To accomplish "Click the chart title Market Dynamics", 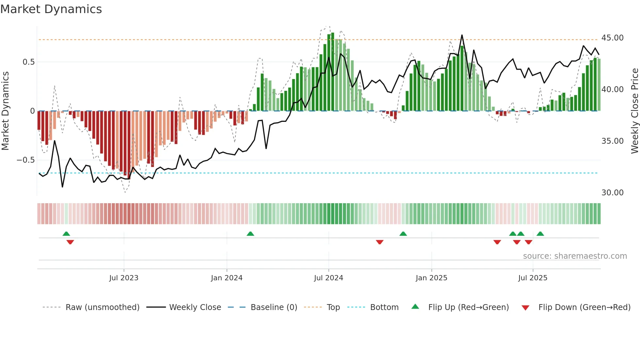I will coord(51,9).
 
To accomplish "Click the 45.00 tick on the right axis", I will coord(612,38).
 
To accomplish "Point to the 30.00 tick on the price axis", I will coord(612,193).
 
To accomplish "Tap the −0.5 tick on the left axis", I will coord(25,160).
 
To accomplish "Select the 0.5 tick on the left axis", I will coord(28,62).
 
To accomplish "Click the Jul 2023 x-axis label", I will coord(124,278).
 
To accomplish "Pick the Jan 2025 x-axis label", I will coord(431,278).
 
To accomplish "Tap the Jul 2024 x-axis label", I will coord(328,278).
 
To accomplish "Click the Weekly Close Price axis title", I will coord(634,111).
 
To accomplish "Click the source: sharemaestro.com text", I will coord(575,256).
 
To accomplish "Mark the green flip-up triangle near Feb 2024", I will coord(250,234).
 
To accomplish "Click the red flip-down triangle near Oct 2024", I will coord(379,242).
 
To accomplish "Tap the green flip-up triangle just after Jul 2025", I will coord(540,234).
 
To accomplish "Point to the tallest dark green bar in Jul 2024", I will coord(332,72).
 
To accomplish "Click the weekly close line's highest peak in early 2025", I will coord(462,35).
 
